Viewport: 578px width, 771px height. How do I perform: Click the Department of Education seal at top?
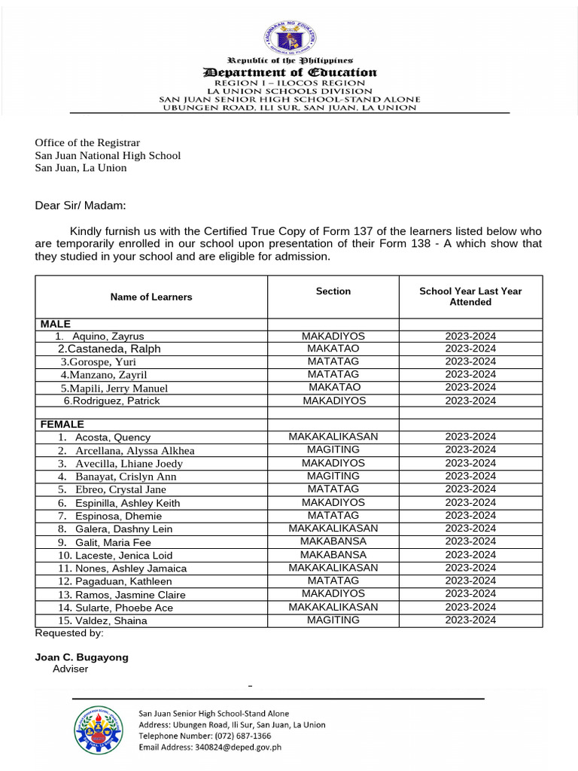click(x=290, y=38)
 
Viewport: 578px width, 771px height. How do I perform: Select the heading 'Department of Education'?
click(x=290, y=72)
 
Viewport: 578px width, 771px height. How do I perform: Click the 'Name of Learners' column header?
click(x=151, y=297)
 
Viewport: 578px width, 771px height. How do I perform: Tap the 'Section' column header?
click(x=333, y=291)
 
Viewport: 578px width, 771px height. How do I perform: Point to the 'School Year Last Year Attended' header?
click(x=470, y=296)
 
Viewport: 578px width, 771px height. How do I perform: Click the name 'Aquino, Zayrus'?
click(x=109, y=337)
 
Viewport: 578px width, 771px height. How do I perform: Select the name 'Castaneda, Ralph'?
click(x=109, y=349)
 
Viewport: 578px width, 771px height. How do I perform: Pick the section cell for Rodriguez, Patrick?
click(x=333, y=401)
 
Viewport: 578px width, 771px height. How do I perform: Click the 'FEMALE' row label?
click(x=62, y=425)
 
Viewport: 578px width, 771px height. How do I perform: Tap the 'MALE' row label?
click(x=56, y=324)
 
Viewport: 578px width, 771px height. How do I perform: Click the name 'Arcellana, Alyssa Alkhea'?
click(x=135, y=450)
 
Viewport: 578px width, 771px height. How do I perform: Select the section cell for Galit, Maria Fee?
click(x=333, y=541)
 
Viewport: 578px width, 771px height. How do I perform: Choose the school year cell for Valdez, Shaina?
click(x=470, y=620)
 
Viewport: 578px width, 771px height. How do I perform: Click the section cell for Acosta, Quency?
click(x=333, y=437)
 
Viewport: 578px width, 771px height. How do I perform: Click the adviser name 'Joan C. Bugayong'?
click(x=82, y=657)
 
